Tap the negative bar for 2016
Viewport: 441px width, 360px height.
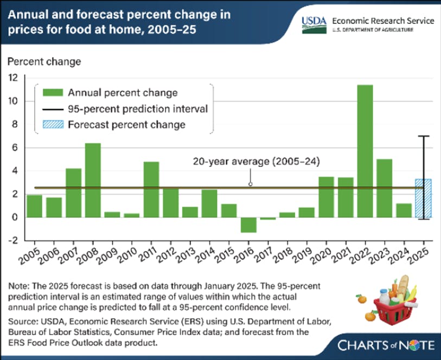[248, 224]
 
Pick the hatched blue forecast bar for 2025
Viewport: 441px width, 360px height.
[423, 198]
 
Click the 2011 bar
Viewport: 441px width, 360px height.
[151, 189]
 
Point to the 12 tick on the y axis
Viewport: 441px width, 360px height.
[13, 78]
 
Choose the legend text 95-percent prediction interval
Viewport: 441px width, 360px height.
[138, 108]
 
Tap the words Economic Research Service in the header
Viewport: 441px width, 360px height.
[384, 20]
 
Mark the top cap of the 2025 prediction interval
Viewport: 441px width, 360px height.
[423, 136]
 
